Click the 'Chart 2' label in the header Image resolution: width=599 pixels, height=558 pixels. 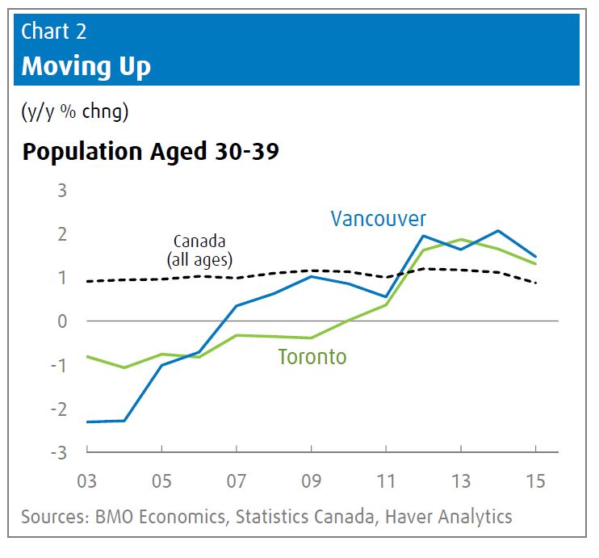click(54, 31)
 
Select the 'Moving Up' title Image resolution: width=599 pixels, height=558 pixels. click(86, 65)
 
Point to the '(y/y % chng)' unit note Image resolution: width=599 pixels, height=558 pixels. click(74, 112)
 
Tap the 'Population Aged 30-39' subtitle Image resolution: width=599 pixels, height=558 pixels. click(151, 152)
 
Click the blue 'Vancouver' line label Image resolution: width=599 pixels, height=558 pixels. click(378, 218)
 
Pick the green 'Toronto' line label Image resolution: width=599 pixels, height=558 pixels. click(312, 356)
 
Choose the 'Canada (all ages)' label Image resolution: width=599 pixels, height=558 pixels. click(199, 250)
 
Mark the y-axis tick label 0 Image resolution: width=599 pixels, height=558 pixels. click(62, 321)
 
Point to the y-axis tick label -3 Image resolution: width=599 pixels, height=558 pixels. click(58, 452)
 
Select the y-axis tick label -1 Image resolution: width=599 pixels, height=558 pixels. click(58, 365)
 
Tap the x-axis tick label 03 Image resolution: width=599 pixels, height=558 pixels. click(86, 481)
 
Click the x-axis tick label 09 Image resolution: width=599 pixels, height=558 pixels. click(311, 481)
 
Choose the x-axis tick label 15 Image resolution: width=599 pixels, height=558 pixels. click(535, 481)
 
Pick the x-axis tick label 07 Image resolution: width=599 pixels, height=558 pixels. click(236, 481)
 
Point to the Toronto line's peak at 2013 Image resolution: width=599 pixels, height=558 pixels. click(461, 240)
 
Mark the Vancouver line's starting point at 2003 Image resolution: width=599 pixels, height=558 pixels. click(87, 422)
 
